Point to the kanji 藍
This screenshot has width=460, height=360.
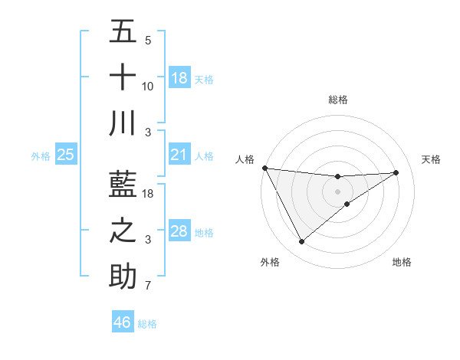tap(123, 185)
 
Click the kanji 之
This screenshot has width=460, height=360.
tap(123, 231)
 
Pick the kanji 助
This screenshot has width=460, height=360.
tap(123, 277)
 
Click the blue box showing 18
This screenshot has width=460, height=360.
tap(179, 78)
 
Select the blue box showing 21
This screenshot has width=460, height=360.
tap(179, 155)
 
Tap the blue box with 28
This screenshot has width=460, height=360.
tap(179, 231)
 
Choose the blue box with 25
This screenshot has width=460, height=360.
tap(66, 155)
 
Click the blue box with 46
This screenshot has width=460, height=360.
tap(123, 322)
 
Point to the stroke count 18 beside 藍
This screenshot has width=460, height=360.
tap(149, 194)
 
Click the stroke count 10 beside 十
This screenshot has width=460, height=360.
tap(149, 87)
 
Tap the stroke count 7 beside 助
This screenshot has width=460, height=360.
tap(149, 286)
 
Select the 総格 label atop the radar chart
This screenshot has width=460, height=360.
tap(338, 100)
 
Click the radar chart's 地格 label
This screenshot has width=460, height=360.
tap(402, 262)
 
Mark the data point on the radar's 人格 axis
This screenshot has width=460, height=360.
tap(264, 168)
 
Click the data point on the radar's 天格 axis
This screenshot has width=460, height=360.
tap(396, 172)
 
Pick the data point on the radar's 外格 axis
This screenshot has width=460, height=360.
tap(301, 242)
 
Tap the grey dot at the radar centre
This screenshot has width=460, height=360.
tap(338, 191)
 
